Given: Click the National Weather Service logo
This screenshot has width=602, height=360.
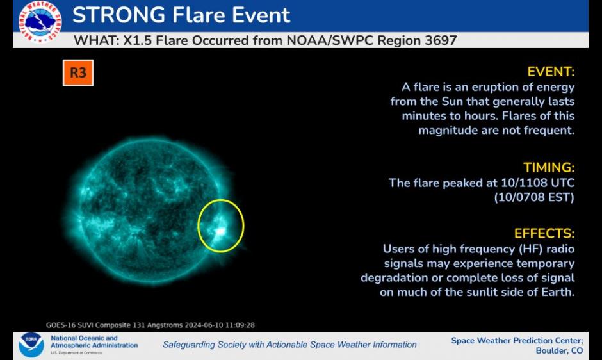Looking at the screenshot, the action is pos(40,21).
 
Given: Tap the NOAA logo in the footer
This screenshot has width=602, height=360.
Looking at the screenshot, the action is pos(31,345).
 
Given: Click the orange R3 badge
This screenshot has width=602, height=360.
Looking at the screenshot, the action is pos(78,72).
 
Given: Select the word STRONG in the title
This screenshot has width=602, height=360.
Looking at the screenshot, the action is pos(119,15).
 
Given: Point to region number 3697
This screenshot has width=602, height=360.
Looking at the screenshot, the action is pos(441,40).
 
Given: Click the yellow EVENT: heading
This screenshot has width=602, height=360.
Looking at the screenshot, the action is pos(551,72).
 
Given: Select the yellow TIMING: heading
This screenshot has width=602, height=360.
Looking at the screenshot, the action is pos(549,168).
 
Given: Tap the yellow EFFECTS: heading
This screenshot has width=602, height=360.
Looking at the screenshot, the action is pos(544,234).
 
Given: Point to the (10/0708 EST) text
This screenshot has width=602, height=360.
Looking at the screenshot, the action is pos(534,197).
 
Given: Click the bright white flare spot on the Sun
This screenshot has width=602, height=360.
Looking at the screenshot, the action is pos(220,231).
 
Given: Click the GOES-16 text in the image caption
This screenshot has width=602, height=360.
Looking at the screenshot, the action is pos(60,325).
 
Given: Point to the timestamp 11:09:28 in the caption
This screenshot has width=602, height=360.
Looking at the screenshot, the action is pos(240,325).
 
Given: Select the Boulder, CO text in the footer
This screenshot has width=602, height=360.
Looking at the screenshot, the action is pos(559,351).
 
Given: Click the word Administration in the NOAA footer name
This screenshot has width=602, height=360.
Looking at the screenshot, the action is pos(113,345).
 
